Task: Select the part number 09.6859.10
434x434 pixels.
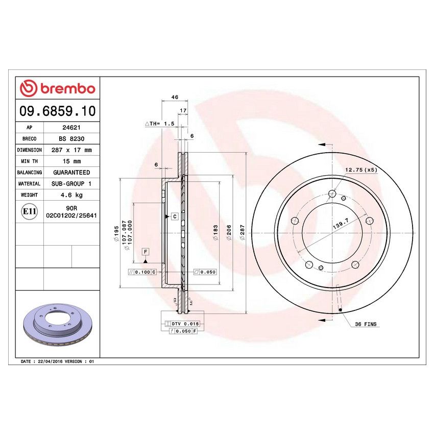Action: [x=57, y=111]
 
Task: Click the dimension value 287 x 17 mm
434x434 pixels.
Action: [x=71, y=150]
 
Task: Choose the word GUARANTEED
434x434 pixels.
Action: [x=71, y=173]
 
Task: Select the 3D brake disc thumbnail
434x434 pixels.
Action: [x=57, y=325]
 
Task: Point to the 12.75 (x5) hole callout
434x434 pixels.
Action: [x=361, y=170]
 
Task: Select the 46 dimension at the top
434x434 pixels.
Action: [x=174, y=97]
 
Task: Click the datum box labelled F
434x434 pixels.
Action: [x=146, y=252]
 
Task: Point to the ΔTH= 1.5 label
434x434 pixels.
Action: [x=160, y=124]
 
